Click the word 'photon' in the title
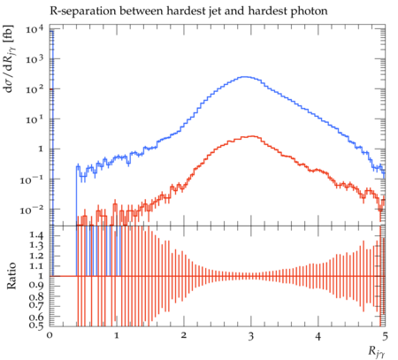coord(310,11)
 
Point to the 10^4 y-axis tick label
coord(34,29)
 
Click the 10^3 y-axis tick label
coord(34,58)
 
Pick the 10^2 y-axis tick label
coord(34,88)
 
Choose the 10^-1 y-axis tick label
coord(32,179)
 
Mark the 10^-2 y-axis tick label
coord(32,209)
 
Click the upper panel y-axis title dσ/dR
coord(11,58)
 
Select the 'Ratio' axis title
coord(11,275)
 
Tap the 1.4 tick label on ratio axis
coord(37,235)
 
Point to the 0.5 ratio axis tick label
coord(37,326)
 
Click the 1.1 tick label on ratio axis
coord(37,266)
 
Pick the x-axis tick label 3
coord(251,337)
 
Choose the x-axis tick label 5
coord(385,337)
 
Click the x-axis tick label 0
coord(50,337)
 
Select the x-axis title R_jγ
coord(377,352)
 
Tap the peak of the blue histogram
coord(245,77)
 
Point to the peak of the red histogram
coord(252,136)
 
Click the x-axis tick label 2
coord(184,337)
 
